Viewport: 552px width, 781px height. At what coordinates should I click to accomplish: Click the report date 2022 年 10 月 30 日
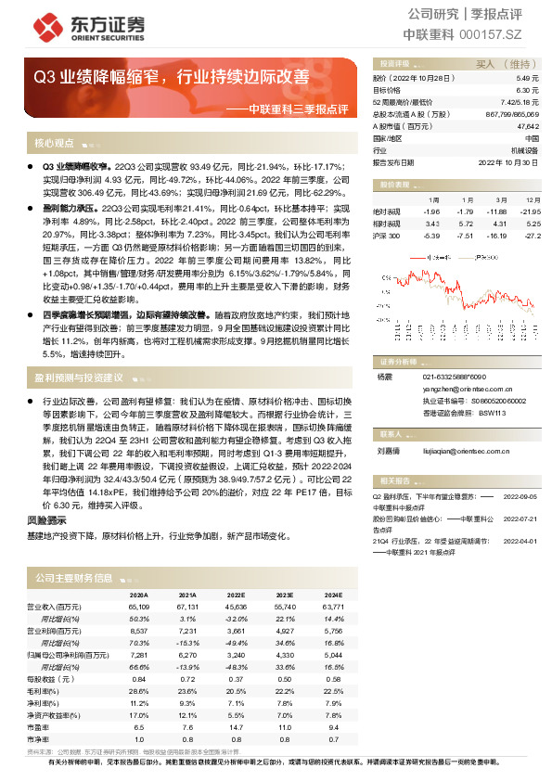click(x=508, y=161)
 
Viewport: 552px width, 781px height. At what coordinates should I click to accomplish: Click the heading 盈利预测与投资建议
click(x=79, y=378)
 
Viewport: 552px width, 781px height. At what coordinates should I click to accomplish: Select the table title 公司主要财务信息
click(x=73, y=578)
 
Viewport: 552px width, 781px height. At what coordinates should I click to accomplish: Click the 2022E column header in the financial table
click(x=236, y=595)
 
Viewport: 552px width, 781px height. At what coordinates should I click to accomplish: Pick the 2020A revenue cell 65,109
click(x=138, y=606)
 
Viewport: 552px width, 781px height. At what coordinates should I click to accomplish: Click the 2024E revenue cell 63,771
click(x=332, y=606)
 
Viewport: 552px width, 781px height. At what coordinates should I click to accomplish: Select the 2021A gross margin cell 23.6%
click(x=186, y=691)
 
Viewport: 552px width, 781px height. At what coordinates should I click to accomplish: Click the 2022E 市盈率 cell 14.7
click(x=236, y=728)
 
